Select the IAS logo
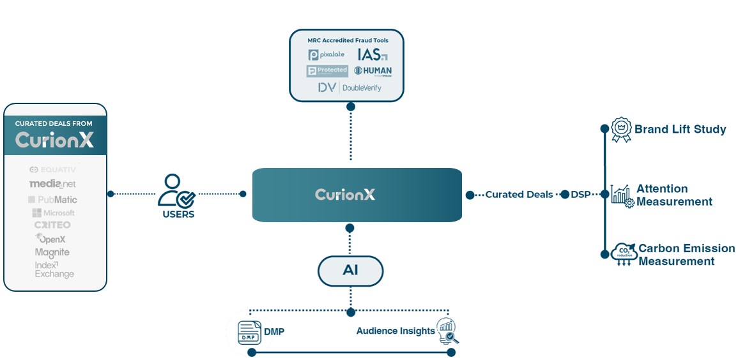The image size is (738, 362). tap(372, 54)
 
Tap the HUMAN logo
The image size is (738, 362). tap(373, 71)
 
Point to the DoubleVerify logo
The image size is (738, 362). tap(350, 87)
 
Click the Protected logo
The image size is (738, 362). tap(327, 71)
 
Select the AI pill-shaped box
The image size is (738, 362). tap(350, 271)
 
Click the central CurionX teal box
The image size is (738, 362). tap(357, 195)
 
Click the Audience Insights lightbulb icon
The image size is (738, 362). tap(447, 331)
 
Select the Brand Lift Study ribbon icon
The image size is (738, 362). tap(620, 130)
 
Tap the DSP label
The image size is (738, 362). tap(580, 194)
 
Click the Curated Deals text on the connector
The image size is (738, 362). tap(519, 194)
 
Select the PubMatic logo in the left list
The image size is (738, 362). tap(53, 200)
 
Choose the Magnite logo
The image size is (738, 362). tap(52, 252)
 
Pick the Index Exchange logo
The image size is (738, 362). tap(54, 269)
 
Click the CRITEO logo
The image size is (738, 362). tap(52, 225)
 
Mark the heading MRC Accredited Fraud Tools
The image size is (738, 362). tap(348, 40)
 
